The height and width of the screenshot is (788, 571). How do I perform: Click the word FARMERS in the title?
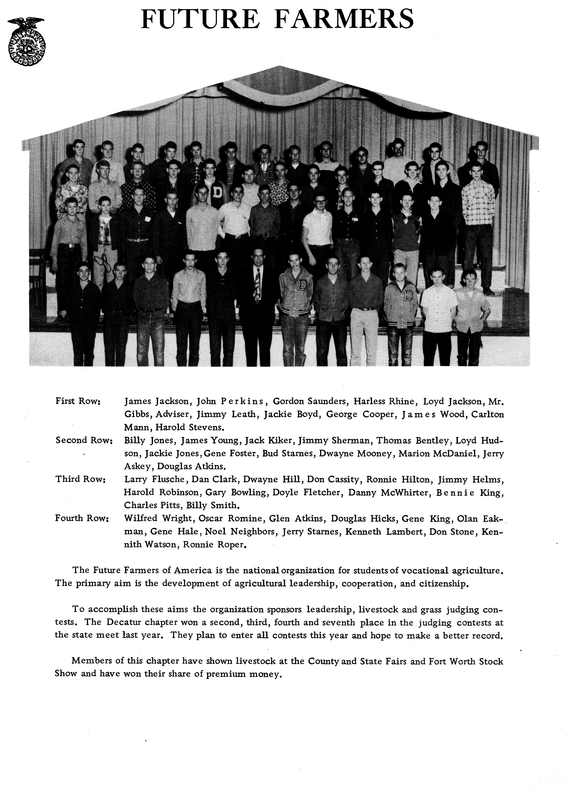[x=344, y=19]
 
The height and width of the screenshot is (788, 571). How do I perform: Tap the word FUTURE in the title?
[x=200, y=19]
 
